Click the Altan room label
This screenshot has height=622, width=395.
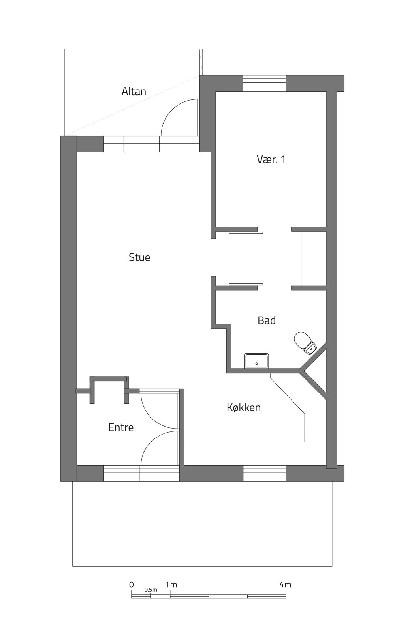pos(134,91)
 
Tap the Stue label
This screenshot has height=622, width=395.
pos(139,257)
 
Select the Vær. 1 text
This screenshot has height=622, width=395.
pos(271,159)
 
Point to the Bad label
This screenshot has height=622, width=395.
pos(267,320)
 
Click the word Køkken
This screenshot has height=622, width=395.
pos(244,408)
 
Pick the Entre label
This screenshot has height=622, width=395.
pos(121,427)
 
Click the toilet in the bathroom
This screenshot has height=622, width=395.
pos(305,343)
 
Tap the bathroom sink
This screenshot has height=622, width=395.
pos(257,361)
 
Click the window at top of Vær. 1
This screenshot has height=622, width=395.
pos(264,83)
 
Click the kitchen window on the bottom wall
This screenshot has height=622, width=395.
pos(265,474)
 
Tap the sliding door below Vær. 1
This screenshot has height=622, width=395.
pos(246,232)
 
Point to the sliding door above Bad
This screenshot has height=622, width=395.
pos(246,284)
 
